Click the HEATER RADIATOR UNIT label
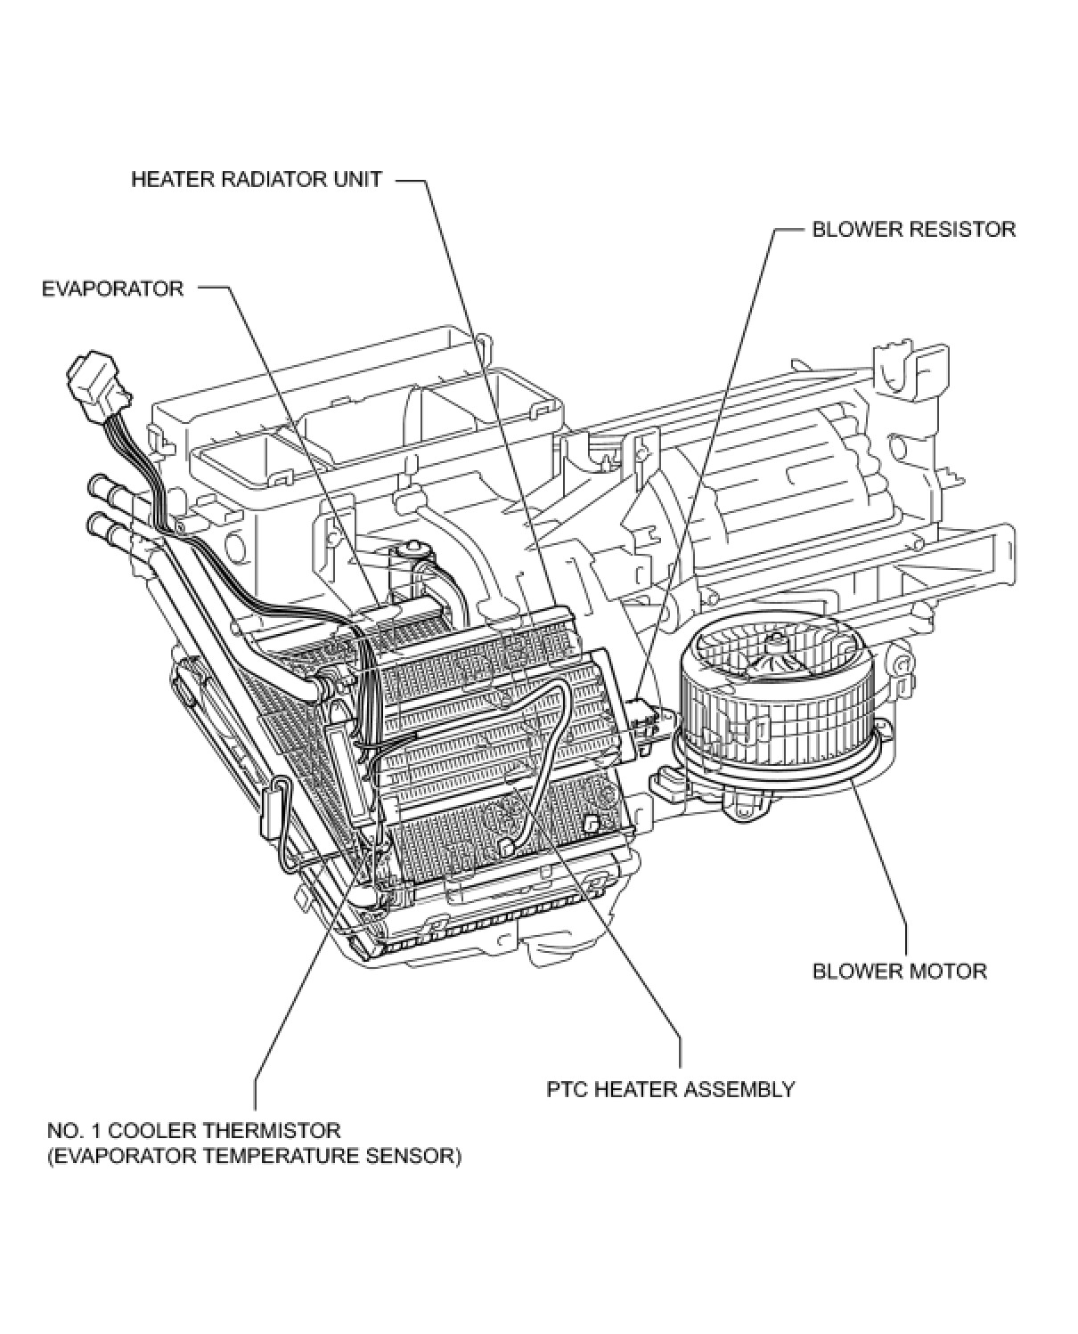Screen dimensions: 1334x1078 [257, 179]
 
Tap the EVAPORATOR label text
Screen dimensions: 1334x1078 [112, 289]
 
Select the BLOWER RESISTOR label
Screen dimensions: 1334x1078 [913, 229]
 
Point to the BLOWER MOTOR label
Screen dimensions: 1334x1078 [899, 970]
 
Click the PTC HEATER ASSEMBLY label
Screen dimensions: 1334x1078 [670, 1088]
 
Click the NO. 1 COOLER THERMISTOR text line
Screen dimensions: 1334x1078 [193, 1131]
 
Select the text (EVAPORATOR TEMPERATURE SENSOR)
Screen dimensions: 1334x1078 [254, 1158]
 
